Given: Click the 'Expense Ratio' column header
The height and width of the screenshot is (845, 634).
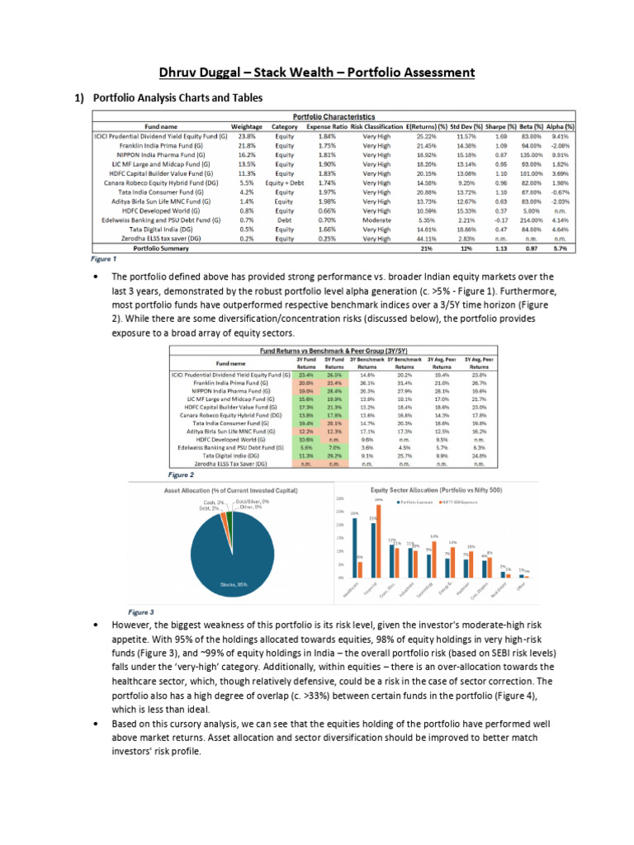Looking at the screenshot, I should tap(326, 126).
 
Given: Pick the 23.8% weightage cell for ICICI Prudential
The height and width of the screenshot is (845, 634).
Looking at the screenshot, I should tap(246, 135).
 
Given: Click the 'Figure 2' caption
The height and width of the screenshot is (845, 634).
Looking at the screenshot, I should tap(181, 476).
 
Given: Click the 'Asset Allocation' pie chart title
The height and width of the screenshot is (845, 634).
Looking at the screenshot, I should tap(218, 489).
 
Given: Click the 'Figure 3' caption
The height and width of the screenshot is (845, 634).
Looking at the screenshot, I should tap(140, 612).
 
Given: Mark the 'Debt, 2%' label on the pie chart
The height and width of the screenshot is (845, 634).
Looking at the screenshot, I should tap(210, 508).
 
